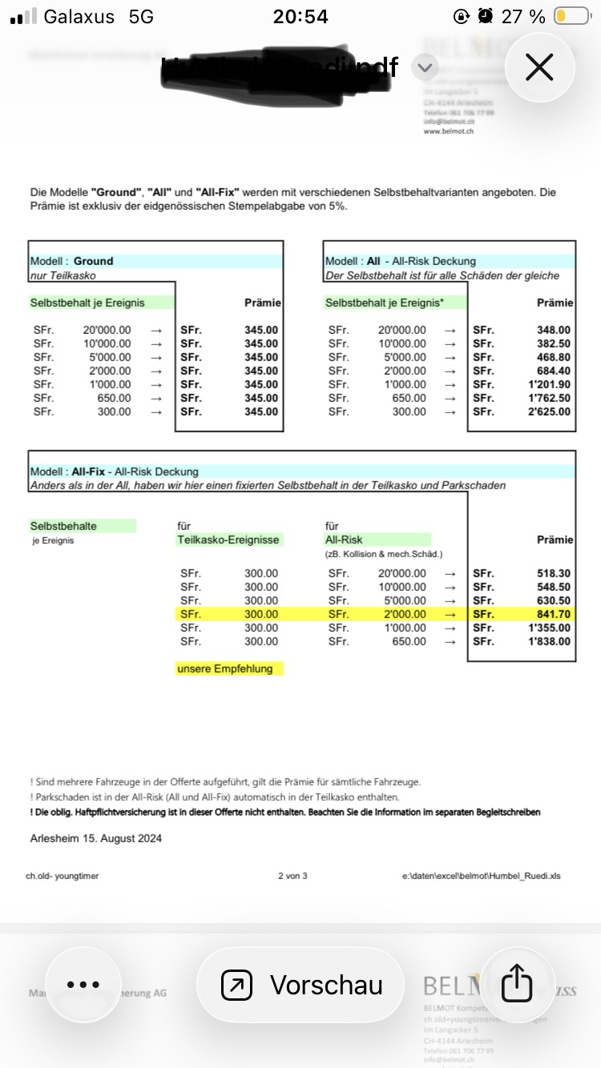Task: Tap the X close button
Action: click(x=539, y=68)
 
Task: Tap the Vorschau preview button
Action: click(x=300, y=985)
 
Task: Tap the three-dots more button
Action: click(x=83, y=985)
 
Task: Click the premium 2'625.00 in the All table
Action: click(x=549, y=412)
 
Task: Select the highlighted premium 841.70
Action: click(x=554, y=614)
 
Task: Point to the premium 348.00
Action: click(x=554, y=330)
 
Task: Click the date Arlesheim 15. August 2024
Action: click(x=95, y=838)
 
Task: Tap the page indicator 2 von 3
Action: click(x=292, y=876)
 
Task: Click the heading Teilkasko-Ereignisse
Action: click(x=228, y=540)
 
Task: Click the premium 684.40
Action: click(x=554, y=371)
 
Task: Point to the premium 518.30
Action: click(x=554, y=573)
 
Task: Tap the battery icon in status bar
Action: click(x=572, y=17)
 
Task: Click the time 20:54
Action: click(x=300, y=17)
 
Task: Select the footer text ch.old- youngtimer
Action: click(x=63, y=876)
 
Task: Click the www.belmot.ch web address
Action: click(x=448, y=130)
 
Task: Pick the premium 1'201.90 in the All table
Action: click(x=549, y=384)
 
